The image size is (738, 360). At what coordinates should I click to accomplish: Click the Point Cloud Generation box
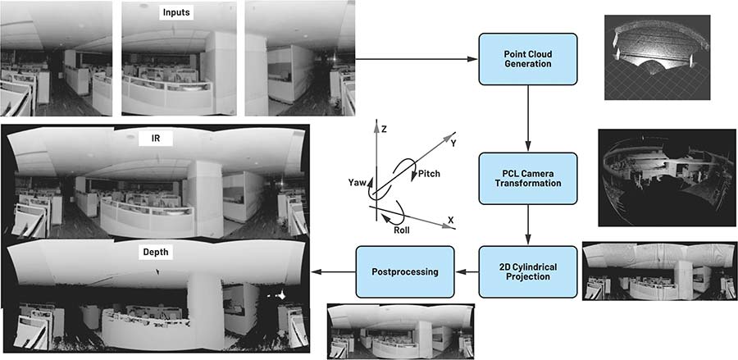527,59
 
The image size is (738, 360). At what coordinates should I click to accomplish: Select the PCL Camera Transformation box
527,177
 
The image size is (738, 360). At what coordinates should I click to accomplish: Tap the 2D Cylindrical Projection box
527,271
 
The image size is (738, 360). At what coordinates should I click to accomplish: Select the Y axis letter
453,142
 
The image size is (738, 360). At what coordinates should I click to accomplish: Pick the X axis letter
450,220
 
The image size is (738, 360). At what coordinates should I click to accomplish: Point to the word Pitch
430,175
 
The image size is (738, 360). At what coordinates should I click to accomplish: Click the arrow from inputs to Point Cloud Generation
418,59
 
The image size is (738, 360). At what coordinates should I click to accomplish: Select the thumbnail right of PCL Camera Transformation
663,176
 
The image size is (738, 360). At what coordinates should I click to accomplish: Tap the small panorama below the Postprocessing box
393,330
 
